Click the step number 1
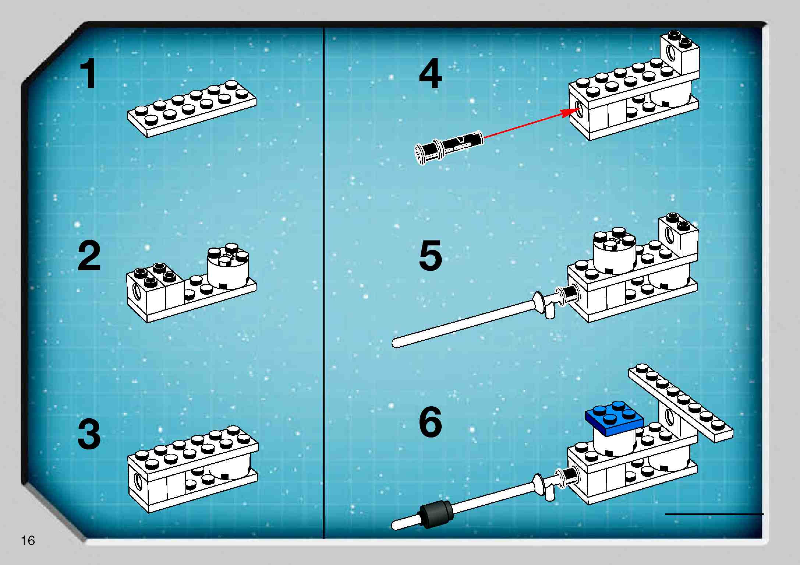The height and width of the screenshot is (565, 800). coord(88,74)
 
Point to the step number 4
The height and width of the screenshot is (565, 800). coord(430,74)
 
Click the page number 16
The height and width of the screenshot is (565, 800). coord(28,540)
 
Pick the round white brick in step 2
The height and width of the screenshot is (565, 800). coord(228,267)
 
